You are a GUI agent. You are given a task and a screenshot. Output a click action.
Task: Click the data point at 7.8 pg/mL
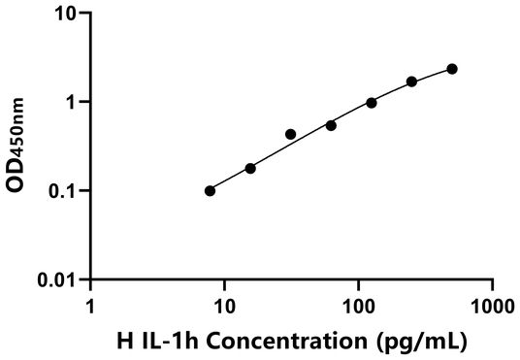211,190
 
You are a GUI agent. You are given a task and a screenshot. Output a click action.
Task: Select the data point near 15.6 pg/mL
250,168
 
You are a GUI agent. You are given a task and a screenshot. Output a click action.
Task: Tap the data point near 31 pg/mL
291,134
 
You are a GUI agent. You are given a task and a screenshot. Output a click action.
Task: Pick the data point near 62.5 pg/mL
331,125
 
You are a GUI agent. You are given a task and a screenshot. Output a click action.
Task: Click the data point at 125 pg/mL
372,102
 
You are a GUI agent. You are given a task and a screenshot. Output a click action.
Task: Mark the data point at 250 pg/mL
412,82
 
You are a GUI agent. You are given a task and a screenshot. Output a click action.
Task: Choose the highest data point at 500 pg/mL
452,69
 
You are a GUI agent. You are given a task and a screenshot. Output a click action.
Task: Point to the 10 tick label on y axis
67,14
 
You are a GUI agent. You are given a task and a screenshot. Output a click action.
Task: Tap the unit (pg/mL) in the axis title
425,342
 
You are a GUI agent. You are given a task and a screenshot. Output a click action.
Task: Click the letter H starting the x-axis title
123,342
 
